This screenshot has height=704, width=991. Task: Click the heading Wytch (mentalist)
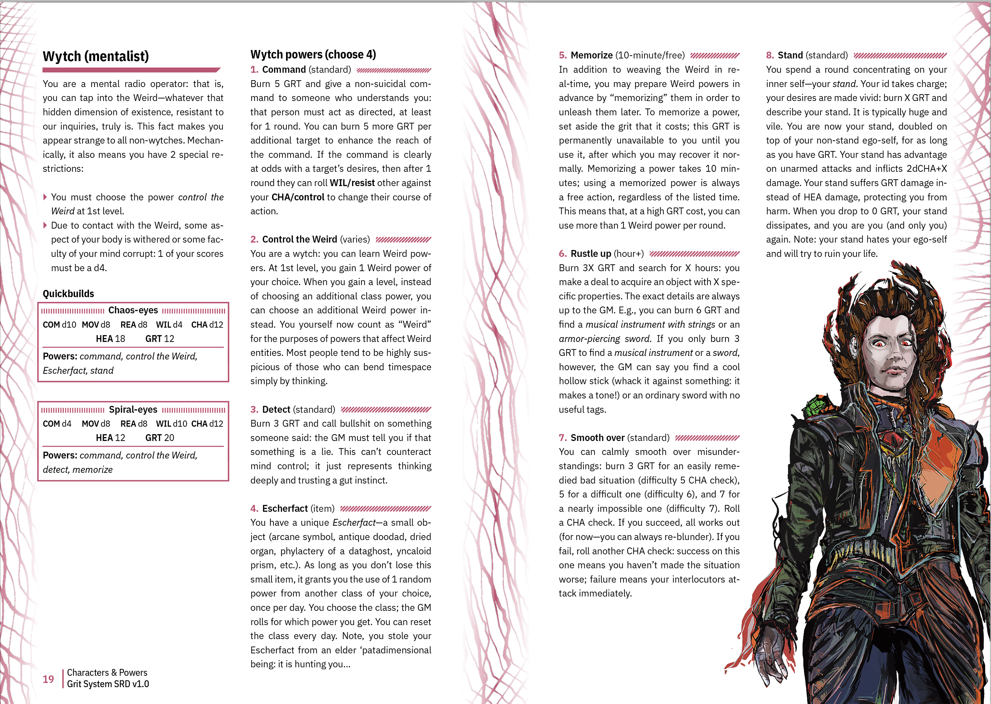(95, 56)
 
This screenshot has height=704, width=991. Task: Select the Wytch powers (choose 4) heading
(313, 55)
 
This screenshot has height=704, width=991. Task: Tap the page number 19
(48, 679)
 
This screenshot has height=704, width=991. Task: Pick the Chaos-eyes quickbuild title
(133, 310)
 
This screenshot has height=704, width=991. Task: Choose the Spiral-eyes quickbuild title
(133, 410)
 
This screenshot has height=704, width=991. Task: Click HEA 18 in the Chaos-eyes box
(110, 339)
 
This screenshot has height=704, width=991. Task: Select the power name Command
(284, 70)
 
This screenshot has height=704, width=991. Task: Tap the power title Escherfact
(285, 508)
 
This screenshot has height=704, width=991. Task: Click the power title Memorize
(591, 55)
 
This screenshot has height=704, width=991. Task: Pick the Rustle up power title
(590, 254)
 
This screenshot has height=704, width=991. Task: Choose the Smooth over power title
(597, 438)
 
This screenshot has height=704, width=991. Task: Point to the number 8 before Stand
(770, 55)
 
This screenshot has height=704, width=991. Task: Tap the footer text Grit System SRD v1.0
(108, 684)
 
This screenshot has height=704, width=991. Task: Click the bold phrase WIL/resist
(352, 183)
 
